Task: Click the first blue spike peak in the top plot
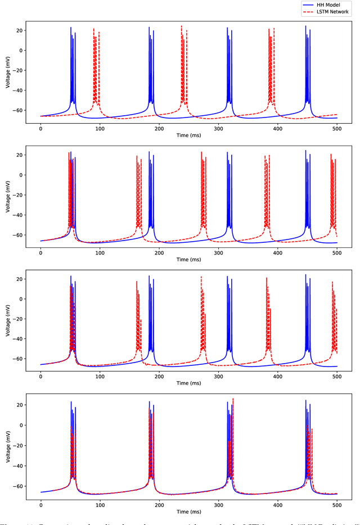71,28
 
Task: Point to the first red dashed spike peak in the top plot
94,29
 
